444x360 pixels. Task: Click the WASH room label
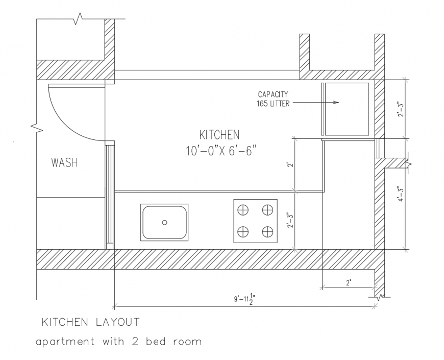(64, 163)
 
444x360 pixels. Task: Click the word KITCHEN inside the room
(219, 135)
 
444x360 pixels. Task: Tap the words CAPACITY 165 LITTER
(273, 99)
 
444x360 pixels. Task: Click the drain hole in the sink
(164, 222)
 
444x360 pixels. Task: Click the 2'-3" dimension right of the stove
(290, 221)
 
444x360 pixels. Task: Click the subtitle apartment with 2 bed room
(118, 341)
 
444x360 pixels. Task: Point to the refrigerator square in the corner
(347, 109)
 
